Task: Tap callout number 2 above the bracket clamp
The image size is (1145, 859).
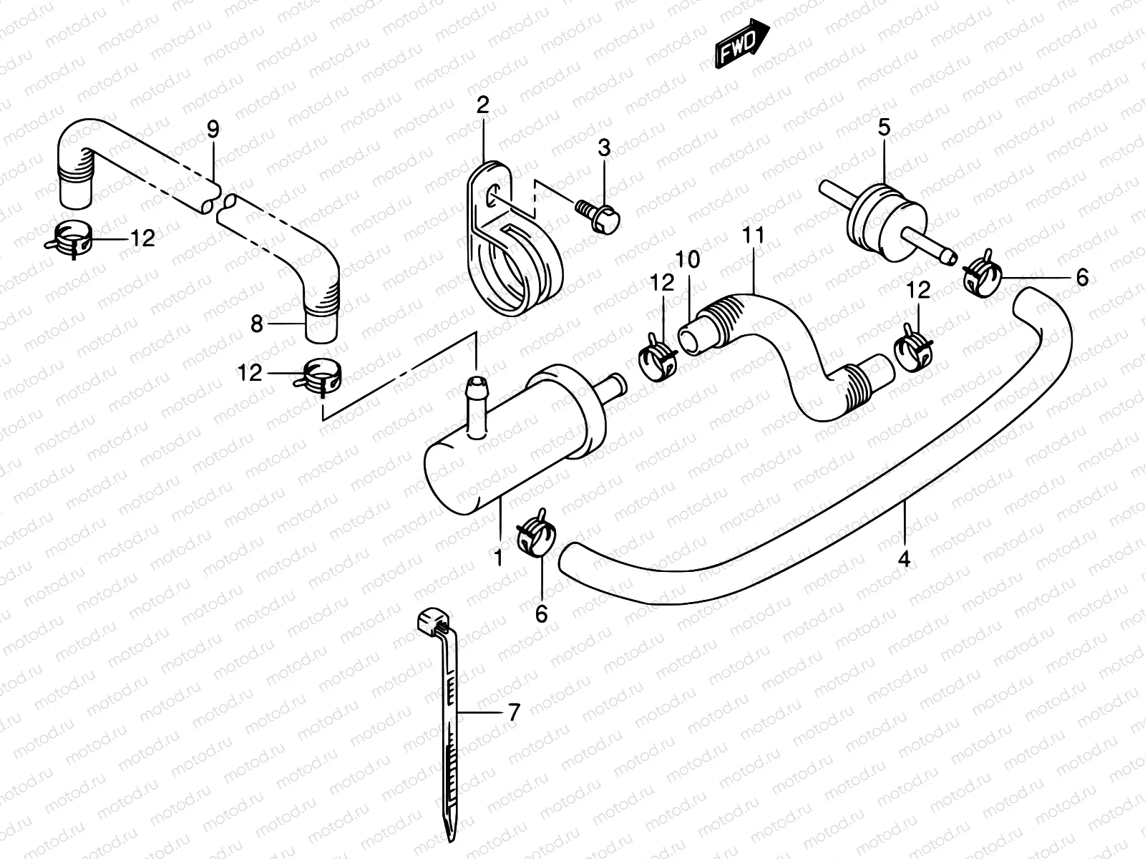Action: [482, 107]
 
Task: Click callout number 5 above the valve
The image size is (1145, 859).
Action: [884, 128]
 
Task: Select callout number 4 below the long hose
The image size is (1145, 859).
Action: [904, 559]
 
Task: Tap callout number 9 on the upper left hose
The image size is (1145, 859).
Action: [213, 130]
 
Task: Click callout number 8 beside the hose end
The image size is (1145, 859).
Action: [258, 324]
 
